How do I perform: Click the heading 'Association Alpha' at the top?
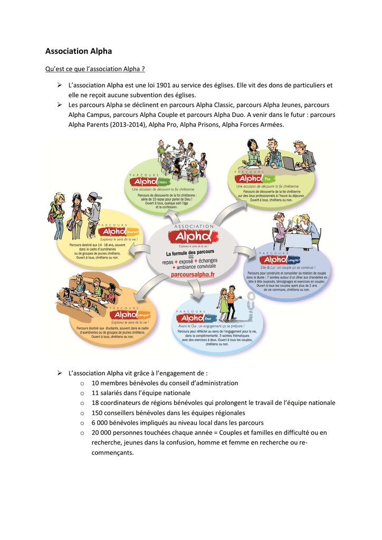click(x=79, y=51)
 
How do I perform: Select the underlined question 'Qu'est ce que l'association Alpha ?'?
click(x=95, y=69)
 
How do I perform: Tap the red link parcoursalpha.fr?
click(x=193, y=275)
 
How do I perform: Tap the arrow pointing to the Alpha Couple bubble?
click(x=246, y=255)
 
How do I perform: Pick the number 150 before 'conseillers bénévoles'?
click(x=97, y=413)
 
